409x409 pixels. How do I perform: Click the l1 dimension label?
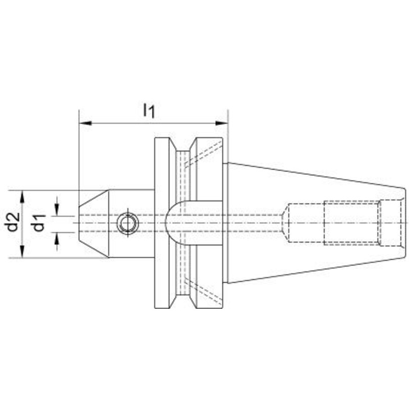(x=149, y=110)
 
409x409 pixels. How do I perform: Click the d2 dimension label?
(x=13, y=222)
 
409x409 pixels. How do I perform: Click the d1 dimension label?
(x=39, y=223)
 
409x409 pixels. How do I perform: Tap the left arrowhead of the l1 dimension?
(x=85, y=123)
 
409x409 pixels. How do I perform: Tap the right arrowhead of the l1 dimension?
(x=222, y=123)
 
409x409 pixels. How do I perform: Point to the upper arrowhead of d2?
(x=22, y=197)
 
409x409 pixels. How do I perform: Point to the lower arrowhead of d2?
(x=22, y=252)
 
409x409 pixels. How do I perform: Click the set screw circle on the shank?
(x=127, y=223)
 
